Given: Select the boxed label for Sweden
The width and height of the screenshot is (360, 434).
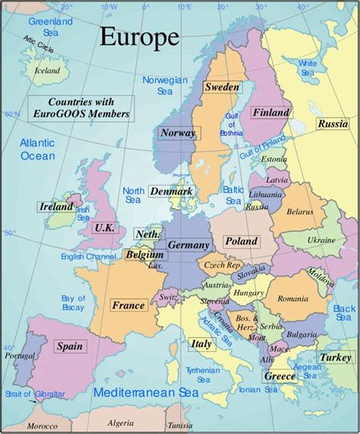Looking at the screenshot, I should pyautogui.click(x=222, y=87).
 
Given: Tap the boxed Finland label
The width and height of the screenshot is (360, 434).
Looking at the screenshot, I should pyautogui.click(x=271, y=112).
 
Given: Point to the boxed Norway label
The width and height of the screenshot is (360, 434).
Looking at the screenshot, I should pyautogui.click(x=178, y=133).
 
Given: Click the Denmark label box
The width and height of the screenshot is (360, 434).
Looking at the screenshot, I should pyautogui.click(x=171, y=192).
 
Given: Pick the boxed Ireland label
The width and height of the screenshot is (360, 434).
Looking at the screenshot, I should pyautogui.click(x=57, y=207).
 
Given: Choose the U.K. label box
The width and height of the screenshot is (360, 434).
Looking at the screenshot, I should pyautogui.click(x=103, y=227).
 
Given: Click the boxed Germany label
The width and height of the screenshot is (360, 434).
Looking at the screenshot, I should pyautogui.click(x=188, y=246).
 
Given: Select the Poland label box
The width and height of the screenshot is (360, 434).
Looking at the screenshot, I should pyautogui.click(x=241, y=241).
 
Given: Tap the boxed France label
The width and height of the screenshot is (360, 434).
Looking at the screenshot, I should pyautogui.click(x=128, y=306).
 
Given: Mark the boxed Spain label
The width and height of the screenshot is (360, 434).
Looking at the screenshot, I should pyautogui.click(x=69, y=346).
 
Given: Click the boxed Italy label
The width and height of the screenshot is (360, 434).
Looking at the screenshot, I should pyautogui.click(x=201, y=344).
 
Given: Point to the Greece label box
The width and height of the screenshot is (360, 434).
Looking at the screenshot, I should pyautogui.click(x=279, y=376).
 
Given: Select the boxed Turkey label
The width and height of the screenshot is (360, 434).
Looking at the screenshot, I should pyautogui.click(x=335, y=357).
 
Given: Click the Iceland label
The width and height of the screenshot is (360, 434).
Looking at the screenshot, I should pyautogui.click(x=47, y=71).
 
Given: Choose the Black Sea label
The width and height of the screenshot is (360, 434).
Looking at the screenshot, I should pyautogui.click(x=344, y=313).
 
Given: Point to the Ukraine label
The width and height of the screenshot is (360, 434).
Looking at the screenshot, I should pyautogui.click(x=321, y=239).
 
